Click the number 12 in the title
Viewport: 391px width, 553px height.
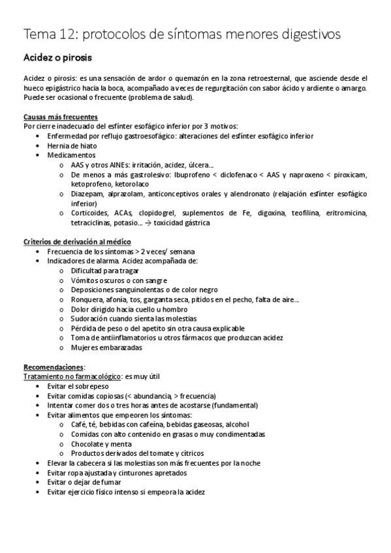coord(69,33)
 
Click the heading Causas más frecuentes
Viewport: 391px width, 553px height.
coord(60,117)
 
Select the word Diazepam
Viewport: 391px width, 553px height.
coord(88,194)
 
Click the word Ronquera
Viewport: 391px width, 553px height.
coord(88,299)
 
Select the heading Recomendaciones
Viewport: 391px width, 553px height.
coord(54,367)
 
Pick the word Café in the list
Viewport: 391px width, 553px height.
coord(80,425)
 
